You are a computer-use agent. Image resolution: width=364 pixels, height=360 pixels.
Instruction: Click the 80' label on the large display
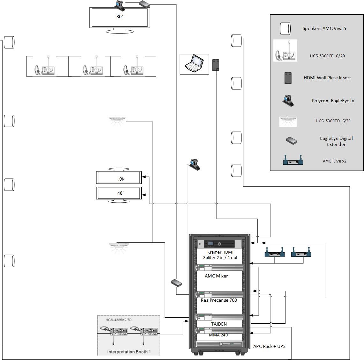click(x=120, y=17)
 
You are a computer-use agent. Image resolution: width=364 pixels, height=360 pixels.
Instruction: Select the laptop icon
click(x=194, y=63)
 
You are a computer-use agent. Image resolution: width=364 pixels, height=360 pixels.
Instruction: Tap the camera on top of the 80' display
click(x=120, y=4)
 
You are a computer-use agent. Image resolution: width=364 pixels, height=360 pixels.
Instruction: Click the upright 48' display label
click(x=120, y=193)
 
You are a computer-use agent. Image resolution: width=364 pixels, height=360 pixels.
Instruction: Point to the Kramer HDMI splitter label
click(x=220, y=255)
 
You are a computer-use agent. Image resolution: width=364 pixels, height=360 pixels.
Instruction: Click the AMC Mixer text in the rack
click(x=216, y=276)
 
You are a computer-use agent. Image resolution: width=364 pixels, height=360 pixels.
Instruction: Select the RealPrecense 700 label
click(x=219, y=300)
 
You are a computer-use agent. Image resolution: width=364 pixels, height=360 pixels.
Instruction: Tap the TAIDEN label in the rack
click(x=219, y=324)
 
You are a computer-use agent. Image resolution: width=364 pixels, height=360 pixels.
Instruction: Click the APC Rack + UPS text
click(x=269, y=346)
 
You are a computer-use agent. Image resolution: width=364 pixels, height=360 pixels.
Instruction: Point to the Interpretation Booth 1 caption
click(x=129, y=352)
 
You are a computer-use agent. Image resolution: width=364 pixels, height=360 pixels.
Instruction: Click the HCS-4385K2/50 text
click(x=119, y=320)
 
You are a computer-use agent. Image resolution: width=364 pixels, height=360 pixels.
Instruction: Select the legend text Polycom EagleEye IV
click(x=333, y=101)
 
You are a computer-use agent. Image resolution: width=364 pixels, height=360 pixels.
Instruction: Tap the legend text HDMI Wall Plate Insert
click(x=327, y=78)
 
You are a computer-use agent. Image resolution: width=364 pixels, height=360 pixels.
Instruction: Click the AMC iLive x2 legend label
click(x=334, y=161)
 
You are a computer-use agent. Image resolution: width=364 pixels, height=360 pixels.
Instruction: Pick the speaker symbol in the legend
click(x=285, y=29)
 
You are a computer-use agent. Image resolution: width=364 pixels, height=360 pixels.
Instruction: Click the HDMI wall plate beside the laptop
click(x=216, y=65)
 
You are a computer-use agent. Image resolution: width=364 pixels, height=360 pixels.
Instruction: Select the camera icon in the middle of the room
click(x=195, y=164)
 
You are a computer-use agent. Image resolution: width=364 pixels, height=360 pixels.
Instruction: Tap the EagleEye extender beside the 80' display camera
click(x=144, y=4)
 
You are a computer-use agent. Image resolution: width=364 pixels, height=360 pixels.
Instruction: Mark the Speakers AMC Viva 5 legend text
click(x=324, y=28)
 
